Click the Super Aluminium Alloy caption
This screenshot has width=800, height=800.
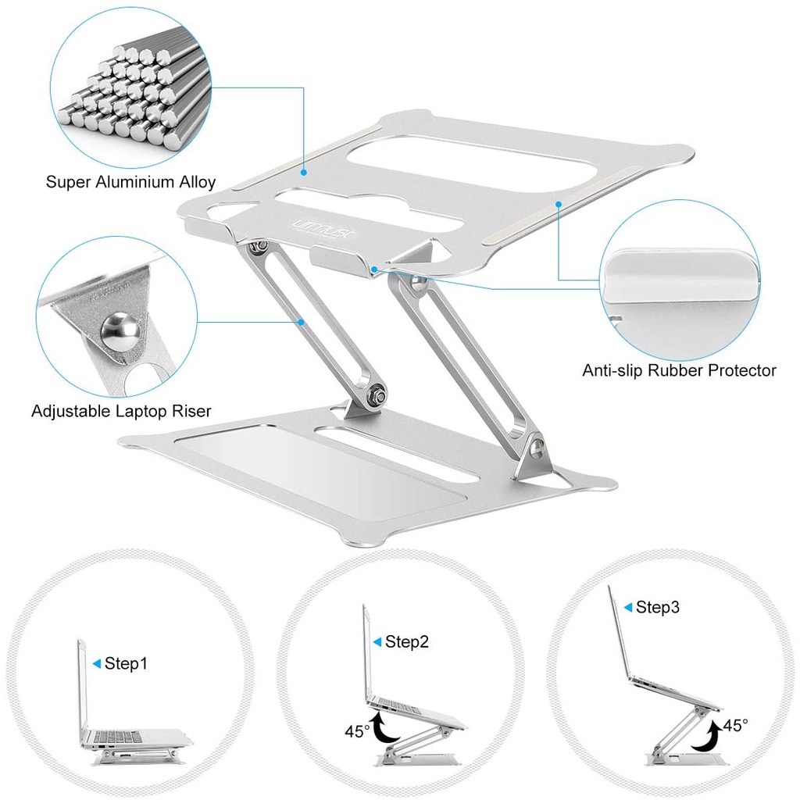pyautogui.click(x=130, y=182)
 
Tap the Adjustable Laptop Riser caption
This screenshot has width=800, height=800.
pyautogui.click(x=121, y=411)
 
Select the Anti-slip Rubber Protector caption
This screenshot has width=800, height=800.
pyautogui.click(x=679, y=370)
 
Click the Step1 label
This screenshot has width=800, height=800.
pyautogui.click(x=126, y=663)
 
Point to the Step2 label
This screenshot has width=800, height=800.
pyautogui.click(x=406, y=642)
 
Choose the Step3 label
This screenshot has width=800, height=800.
pyautogui.click(x=658, y=607)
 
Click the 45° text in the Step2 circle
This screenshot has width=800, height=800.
pyautogui.click(x=357, y=731)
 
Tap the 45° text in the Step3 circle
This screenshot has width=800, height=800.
pyautogui.click(x=735, y=725)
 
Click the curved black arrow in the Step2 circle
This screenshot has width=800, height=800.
pyautogui.click(x=384, y=729)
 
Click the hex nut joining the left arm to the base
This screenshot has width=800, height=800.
pyautogui.click(x=377, y=395)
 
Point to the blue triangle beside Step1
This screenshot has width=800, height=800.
pyautogui.click(x=96, y=663)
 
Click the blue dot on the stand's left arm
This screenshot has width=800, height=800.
pyautogui.click(x=302, y=322)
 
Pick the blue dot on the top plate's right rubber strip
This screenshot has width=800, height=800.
pyautogui.click(x=559, y=204)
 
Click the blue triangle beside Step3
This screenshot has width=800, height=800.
pyautogui.click(x=628, y=607)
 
